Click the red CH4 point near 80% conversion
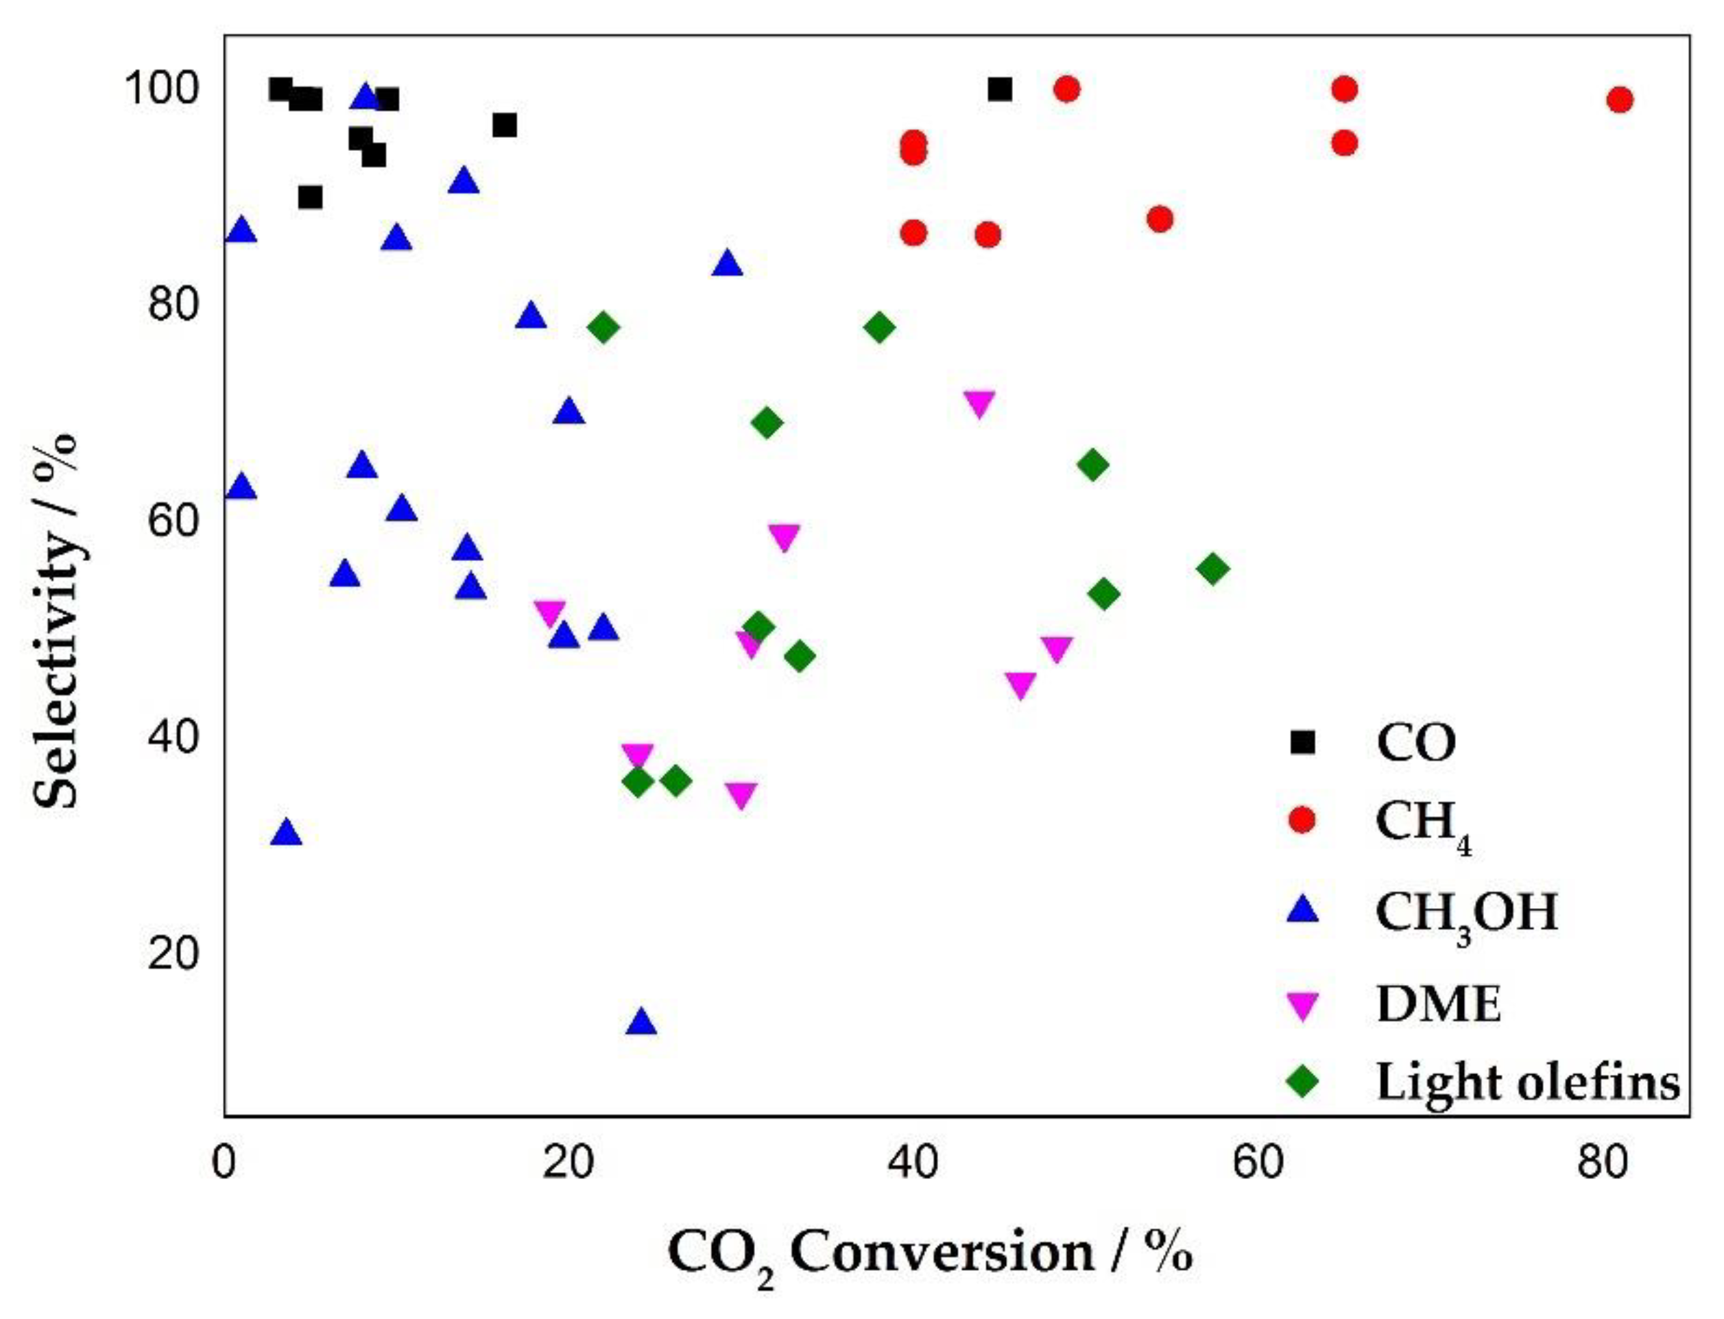pyautogui.click(x=1620, y=99)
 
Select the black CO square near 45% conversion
pyautogui.click(x=999, y=89)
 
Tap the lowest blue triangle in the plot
pyautogui.click(x=641, y=1023)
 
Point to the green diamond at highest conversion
pyautogui.click(x=1213, y=569)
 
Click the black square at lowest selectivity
pyautogui.click(x=310, y=197)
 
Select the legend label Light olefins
pyautogui.click(x=1528, y=1082)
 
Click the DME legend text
pyautogui.click(x=1438, y=1003)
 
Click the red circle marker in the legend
pyautogui.click(x=1302, y=820)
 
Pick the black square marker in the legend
pyautogui.click(x=1302, y=742)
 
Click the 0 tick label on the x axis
pyautogui.click(x=226, y=1163)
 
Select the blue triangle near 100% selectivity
pyautogui.click(x=365, y=97)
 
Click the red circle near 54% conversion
pyautogui.click(x=1160, y=219)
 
